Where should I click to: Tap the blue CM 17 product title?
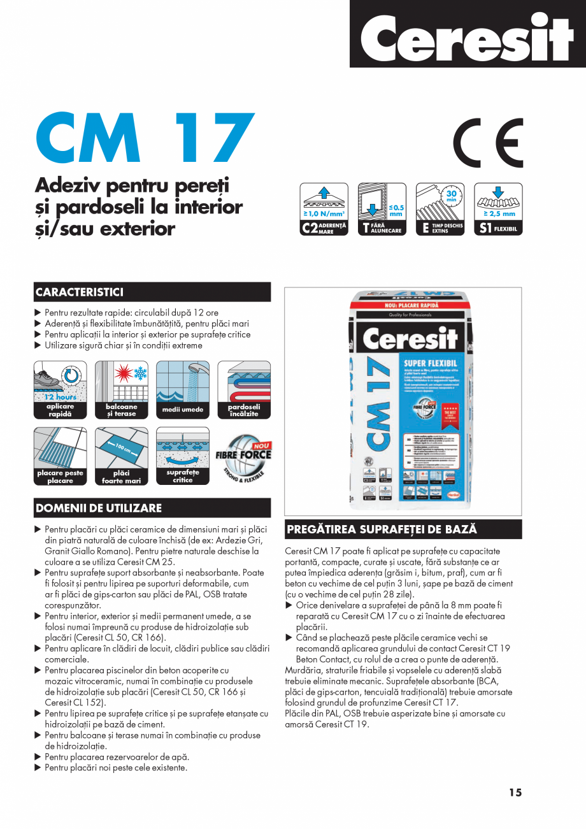[x=145, y=138]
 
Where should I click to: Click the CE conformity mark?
[x=488, y=141]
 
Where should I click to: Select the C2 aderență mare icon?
[x=325, y=209]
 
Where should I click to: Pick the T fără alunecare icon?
[x=382, y=209]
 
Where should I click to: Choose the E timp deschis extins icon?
[x=440, y=209]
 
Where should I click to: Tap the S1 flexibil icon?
[x=498, y=209]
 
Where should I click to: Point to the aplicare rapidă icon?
[x=60, y=389]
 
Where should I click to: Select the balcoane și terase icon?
[x=121, y=389]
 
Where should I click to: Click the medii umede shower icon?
[x=183, y=389]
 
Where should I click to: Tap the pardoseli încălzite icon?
[x=244, y=389]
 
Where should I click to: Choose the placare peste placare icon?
[x=60, y=456]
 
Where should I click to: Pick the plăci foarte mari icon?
[x=121, y=456]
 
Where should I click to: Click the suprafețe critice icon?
[x=183, y=456]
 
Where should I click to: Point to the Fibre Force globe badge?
[x=245, y=456]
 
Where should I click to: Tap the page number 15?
[x=515, y=793]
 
